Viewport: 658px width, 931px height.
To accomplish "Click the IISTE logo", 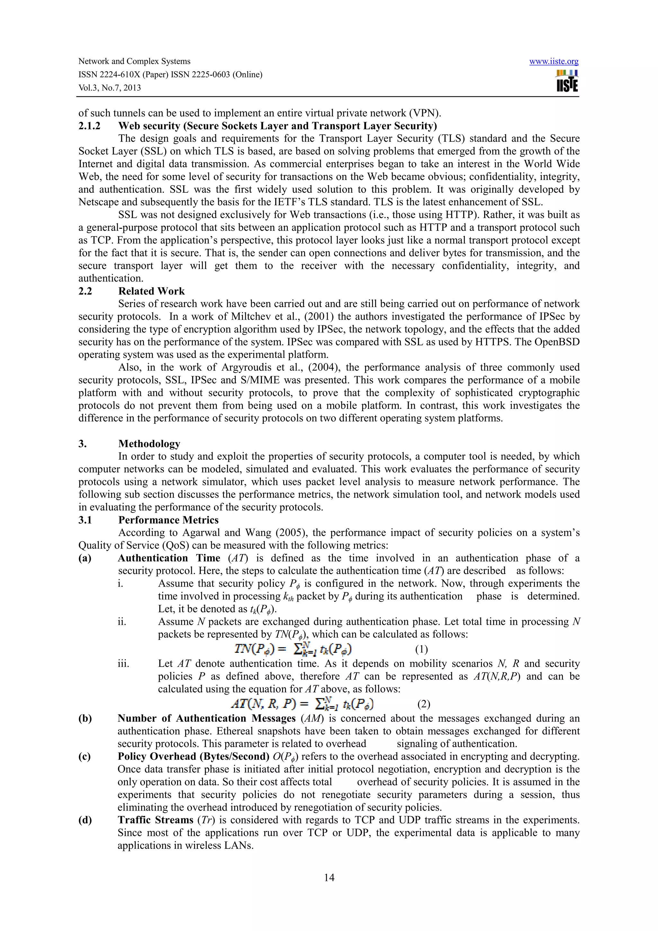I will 567,81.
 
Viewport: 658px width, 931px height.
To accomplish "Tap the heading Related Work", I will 151,291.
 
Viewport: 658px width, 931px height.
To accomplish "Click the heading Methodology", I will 149,444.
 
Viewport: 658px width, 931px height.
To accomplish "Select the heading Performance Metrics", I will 168,520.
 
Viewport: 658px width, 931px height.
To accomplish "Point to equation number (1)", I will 421,650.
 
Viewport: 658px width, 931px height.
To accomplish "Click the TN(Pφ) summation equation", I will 293,649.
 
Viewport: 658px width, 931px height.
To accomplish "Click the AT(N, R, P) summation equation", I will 302,704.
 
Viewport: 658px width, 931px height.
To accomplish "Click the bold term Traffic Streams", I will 155,820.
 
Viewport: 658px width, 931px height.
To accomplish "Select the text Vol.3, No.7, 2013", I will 110,88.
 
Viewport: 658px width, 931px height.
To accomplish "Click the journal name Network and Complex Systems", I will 134,61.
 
